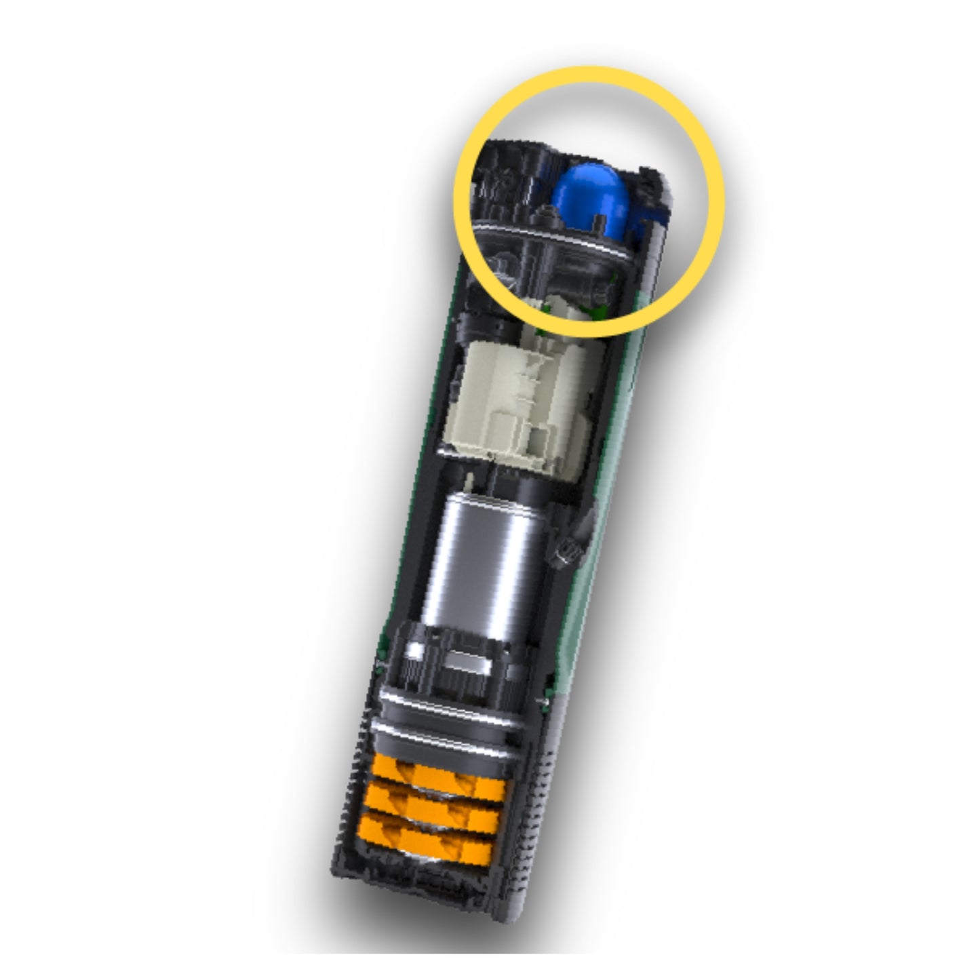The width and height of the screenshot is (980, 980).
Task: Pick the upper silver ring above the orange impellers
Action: pyautogui.click(x=448, y=705)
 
